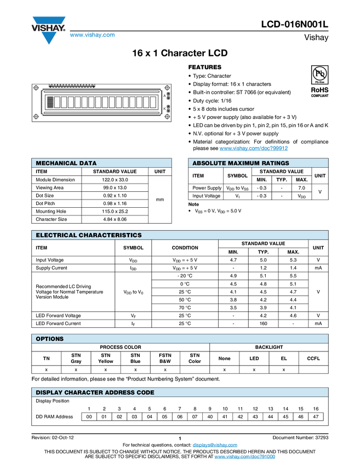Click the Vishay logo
(x=48, y=30)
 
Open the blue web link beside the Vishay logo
(x=92, y=36)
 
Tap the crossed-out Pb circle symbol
(x=319, y=73)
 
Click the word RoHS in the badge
(x=319, y=89)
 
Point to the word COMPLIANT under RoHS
(x=319, y=96)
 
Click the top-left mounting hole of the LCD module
(x=36, y=88)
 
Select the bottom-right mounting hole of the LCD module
(x=168, y=116)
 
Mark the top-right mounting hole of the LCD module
(x=168, y=88)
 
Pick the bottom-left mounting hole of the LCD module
(x=36, y=116)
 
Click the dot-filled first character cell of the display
(x=50, y=103)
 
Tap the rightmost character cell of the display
(x=153, y=103)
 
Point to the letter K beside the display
(x=164, y=109)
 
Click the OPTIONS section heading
(x=50, y=339)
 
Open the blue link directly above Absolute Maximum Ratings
(x=254, y=149)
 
